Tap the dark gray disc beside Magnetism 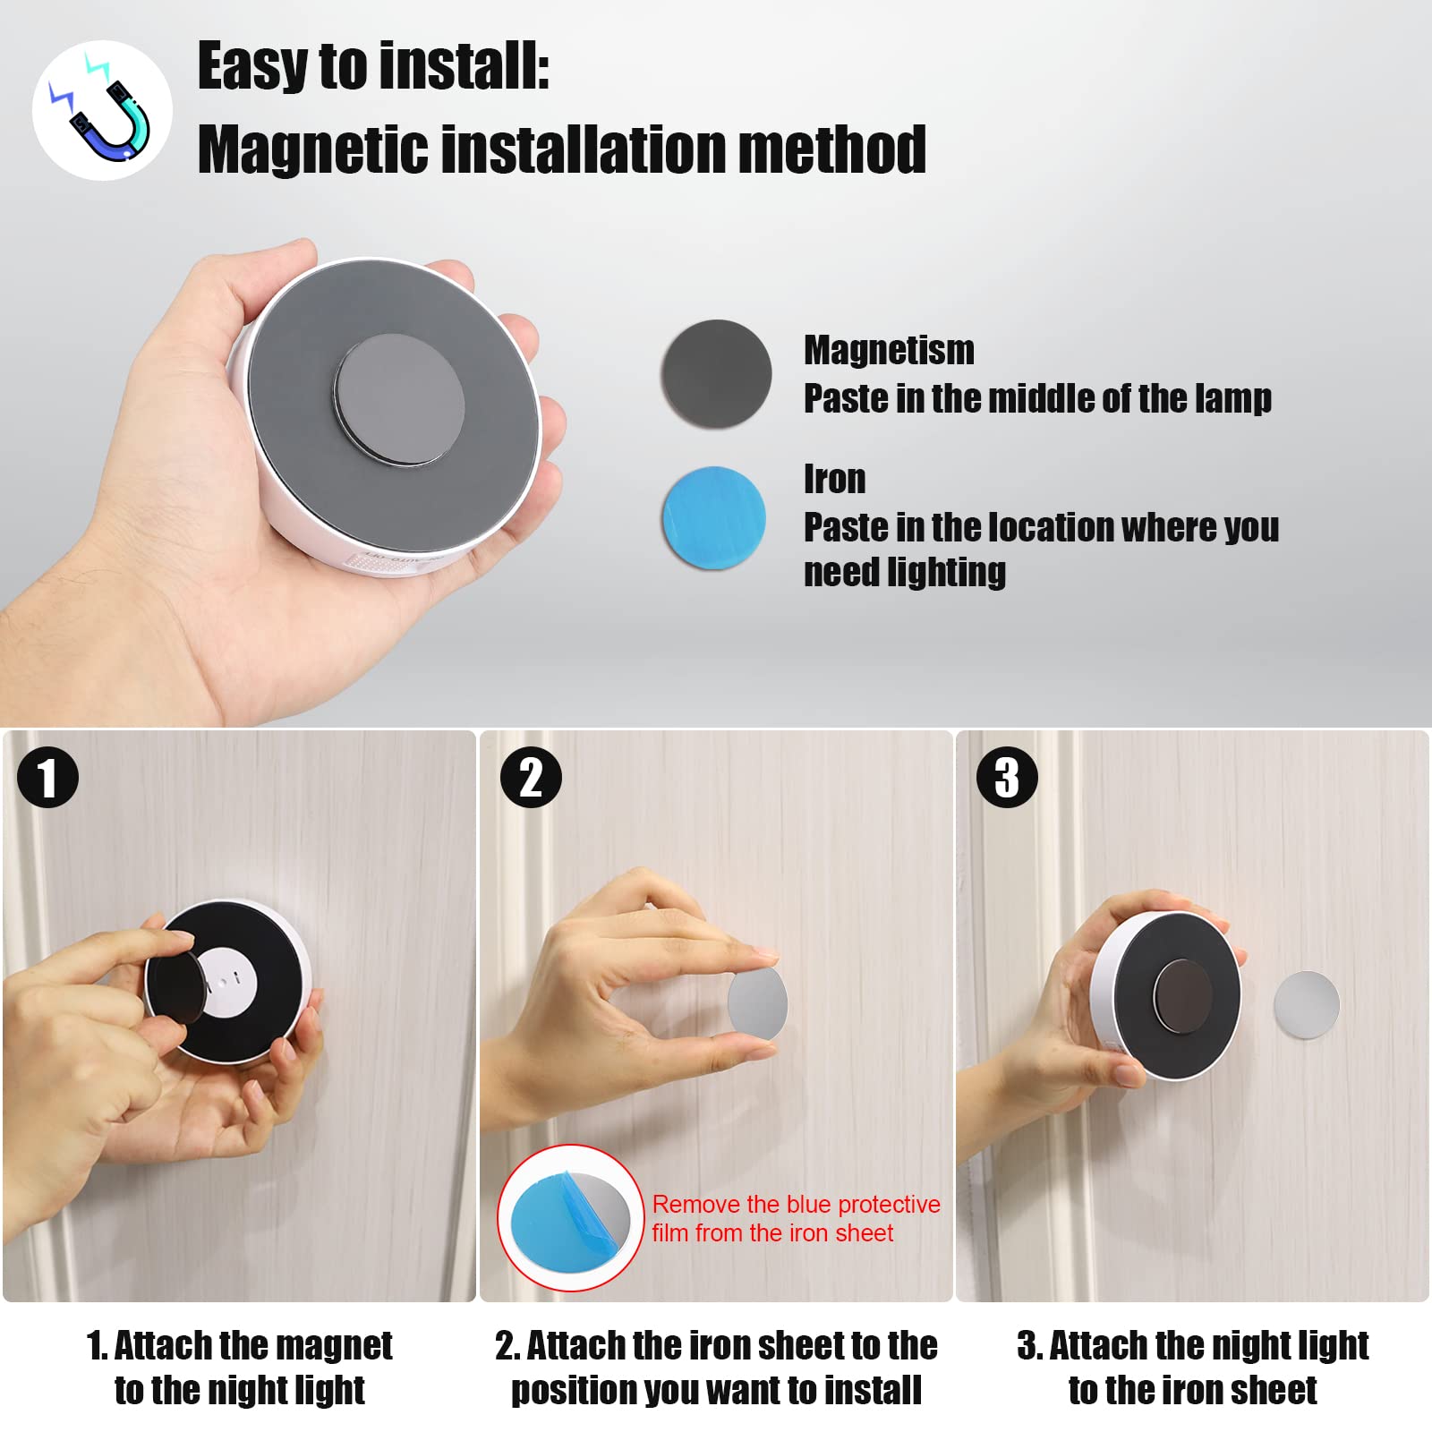(x=716, y=373)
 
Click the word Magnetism (x=888, y=350)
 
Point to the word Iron (x=834, y=480)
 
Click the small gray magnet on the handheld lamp (x=399, y=399)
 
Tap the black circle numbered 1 (x=47, y=777)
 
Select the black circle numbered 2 (x=531, y=777)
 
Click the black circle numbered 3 (x=1007, y=777)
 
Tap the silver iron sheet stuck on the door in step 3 (x=1306, y=1005)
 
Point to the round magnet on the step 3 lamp (x=1182, y=996)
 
